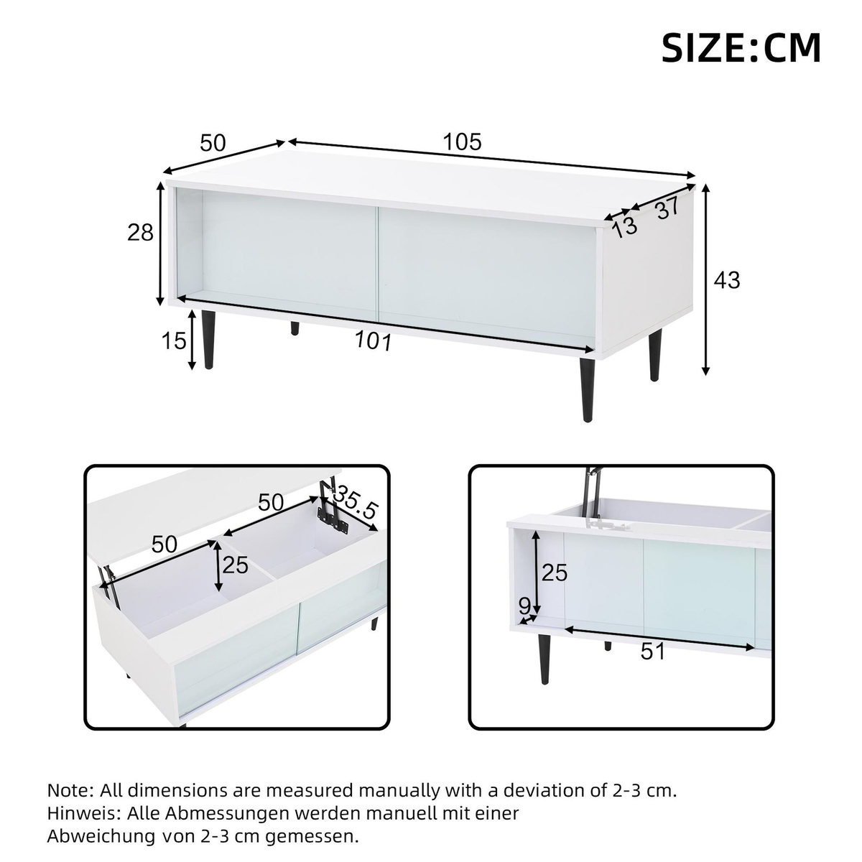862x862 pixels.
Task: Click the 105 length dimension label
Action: (461, 142)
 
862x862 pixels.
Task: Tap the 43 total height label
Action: (726, 279)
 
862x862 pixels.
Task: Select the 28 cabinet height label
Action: (140, 232)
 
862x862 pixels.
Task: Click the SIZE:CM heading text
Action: (741, 48)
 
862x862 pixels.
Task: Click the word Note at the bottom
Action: (69, 791)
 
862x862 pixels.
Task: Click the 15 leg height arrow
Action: (192, 340)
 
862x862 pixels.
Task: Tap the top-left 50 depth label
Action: (213, 144)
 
